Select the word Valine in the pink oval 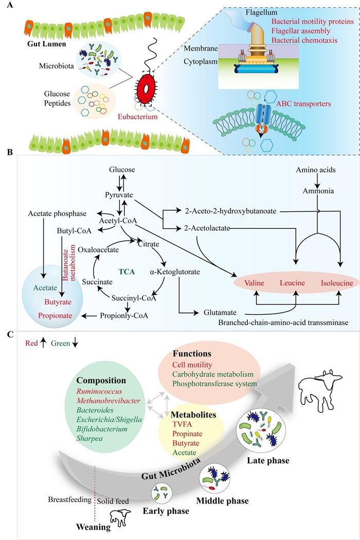255,283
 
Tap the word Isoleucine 335,283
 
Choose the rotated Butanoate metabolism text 65,261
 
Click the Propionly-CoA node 124,315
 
